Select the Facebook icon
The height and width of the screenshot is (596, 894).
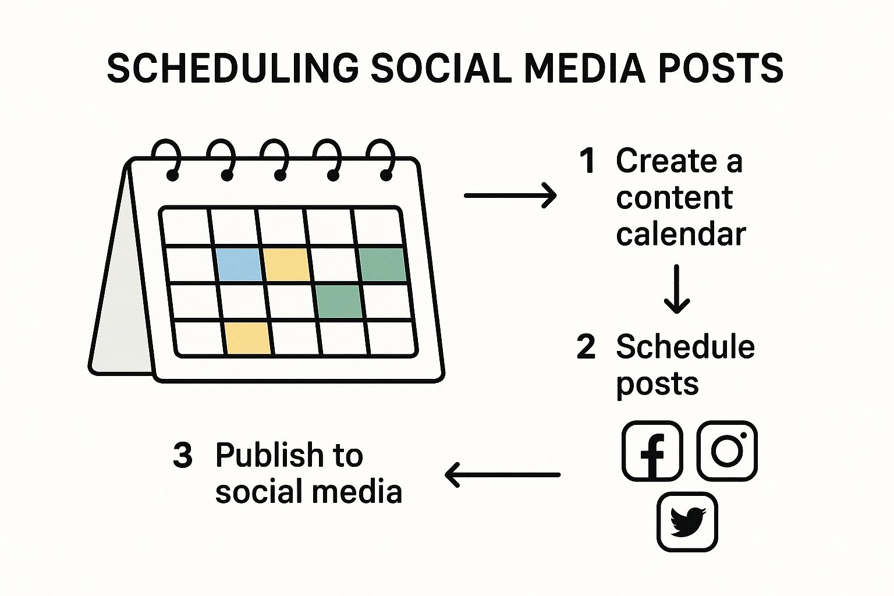pos(652,450)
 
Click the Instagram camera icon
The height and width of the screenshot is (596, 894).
pos(727,450)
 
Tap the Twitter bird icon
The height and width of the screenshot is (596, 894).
pos(687,522)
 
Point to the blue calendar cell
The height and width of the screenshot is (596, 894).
pos(239,264)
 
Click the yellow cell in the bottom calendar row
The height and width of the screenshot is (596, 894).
pos(248,338)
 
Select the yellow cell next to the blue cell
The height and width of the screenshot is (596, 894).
pos(286,264)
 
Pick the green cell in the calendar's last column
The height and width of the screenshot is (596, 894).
pos(383,264)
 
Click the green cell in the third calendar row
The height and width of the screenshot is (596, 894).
pos(339,301)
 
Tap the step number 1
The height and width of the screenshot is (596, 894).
pos(588,161)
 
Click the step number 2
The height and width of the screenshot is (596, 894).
pos(586,346)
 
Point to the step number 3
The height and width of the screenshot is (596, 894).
pos(182,455)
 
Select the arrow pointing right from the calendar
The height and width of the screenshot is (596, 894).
pos(510,196)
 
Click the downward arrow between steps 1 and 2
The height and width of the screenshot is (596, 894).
pos(677,289)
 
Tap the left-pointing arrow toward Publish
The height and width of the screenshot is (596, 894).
pos(502,475)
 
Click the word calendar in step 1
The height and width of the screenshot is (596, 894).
pos(681,234)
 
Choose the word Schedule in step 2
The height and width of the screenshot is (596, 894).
pos(686,346)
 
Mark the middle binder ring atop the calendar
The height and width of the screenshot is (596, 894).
pos(275,159)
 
